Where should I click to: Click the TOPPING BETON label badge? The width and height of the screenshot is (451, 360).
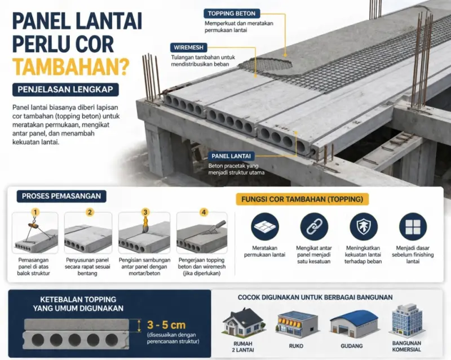232,14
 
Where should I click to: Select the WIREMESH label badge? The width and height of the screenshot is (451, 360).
188,47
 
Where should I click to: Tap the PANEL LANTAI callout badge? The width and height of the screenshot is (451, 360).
231,156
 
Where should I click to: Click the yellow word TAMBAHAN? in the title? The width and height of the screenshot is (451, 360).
71,66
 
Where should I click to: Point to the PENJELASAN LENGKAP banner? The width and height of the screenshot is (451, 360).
65,90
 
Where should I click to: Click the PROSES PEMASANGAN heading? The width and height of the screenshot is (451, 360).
61,196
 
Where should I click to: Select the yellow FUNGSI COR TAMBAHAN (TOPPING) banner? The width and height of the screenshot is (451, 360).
302,199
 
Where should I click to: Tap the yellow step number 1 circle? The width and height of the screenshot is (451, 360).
35,212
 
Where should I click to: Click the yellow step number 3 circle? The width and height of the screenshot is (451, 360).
145,212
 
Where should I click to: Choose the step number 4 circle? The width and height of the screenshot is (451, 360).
204,212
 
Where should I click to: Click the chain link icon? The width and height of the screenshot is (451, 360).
314,226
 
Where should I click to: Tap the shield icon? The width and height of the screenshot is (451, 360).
364,226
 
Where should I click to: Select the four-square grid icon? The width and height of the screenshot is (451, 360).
413,226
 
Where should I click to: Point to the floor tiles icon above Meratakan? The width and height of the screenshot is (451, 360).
264,226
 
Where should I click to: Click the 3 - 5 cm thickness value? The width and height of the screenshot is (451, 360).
166,325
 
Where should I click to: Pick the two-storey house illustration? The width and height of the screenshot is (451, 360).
244,323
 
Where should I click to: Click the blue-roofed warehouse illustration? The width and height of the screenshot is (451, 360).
354,324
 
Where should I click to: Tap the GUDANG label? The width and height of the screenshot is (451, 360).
351,346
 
